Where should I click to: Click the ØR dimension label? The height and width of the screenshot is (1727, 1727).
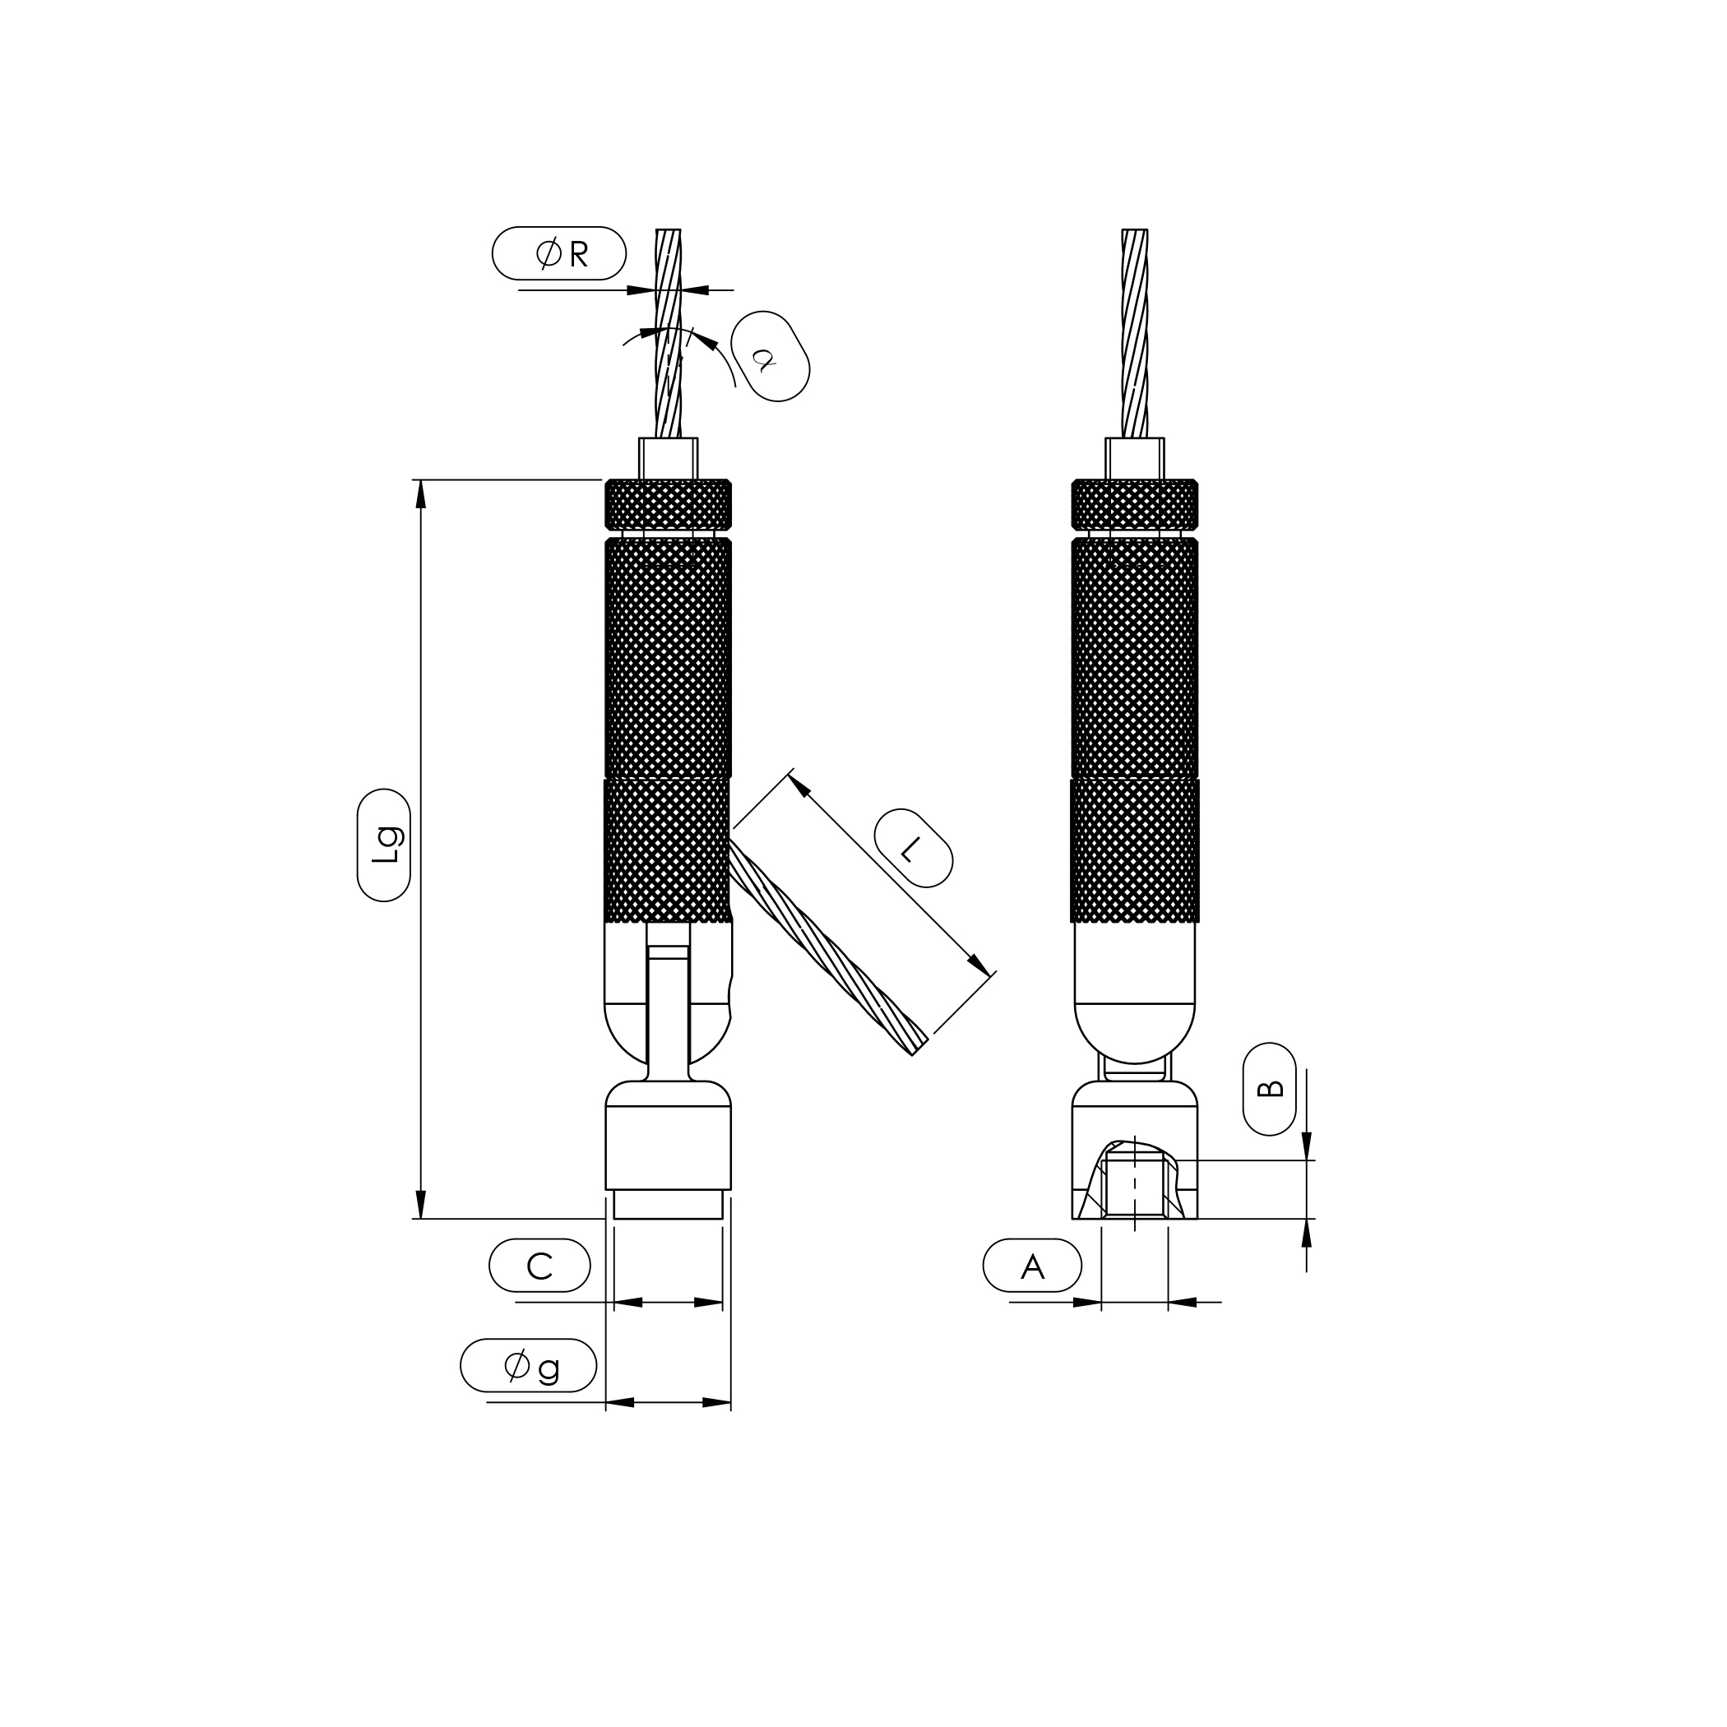pyautogui.click(x=558, y=253)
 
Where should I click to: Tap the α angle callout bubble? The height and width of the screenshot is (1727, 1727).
pyautogui.click(x=770, y=356)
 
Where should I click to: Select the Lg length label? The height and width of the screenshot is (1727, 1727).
pyautogui.click(x=383, y=845)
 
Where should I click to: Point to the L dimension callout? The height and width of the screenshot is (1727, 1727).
pyautogui.click(x=913, y=847)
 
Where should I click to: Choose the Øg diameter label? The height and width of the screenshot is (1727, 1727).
pyautogui.click(x=528, y=1365)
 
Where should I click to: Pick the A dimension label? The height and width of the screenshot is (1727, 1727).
pyautogui.click(x=1032, y=1265)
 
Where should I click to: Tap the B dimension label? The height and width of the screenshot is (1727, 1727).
pyautogui.click(x=1269, y=1089)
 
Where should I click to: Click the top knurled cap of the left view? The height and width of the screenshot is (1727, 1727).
pyautogui.click(x=669, y=505)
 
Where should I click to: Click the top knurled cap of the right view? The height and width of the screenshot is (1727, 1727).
pyautogui.click(x=1134, y=505)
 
